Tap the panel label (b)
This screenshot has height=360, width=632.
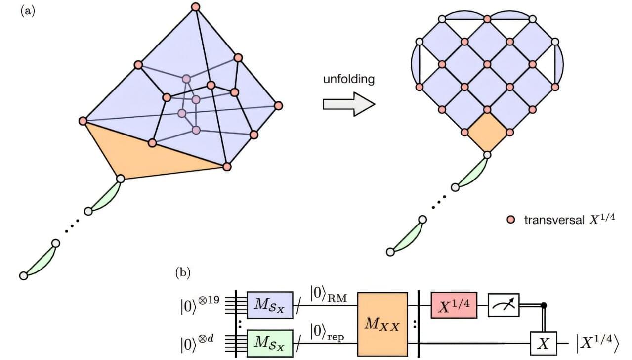click(x=184, y=273)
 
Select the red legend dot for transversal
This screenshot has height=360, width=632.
click(x=511, y=219)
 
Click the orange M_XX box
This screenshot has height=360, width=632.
click(x=382, y=324)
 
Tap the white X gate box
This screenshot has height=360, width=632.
click(x=544, y=341)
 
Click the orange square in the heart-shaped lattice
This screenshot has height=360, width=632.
click(x=487, y=134)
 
